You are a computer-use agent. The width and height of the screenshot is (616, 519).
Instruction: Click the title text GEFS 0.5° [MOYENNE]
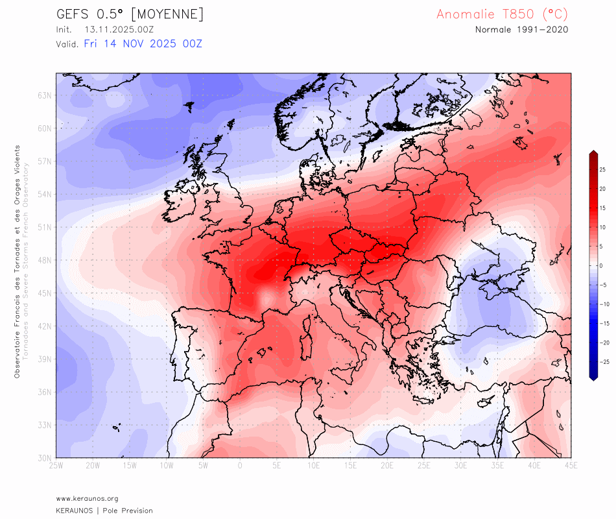click(x=130, y=14)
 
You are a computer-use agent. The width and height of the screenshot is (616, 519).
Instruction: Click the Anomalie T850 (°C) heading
click(x=503, y=14)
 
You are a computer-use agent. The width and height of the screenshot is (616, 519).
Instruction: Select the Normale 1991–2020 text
click(x=522, y=30)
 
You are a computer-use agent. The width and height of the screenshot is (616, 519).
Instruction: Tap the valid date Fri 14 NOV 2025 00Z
click(x=143, y=44)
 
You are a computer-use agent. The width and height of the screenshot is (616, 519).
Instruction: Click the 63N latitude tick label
click(x=45, y=95)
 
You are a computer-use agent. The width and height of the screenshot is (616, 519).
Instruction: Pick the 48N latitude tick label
click(x=45, y=260)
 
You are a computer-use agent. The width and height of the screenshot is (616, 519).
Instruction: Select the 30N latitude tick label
click(x=45, y=458)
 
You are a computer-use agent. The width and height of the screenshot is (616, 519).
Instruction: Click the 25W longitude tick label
click(x=56, y=466)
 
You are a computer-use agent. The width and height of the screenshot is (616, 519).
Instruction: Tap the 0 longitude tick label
click(x=240, y=466)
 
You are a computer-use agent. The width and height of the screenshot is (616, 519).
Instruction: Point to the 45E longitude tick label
click(x=571, y=466)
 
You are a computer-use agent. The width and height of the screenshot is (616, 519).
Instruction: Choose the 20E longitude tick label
click(x=387, y=466)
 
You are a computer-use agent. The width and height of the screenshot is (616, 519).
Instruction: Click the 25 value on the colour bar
click(x=602, y=169)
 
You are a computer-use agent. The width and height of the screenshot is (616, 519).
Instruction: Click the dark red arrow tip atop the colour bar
click(x=593, y=153)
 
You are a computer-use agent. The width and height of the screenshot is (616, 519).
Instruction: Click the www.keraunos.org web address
click(x=87, y=498)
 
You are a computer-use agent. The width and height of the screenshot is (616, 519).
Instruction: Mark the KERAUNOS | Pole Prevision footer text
click(x=104, y=511)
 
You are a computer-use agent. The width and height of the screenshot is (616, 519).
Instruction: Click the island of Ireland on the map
click(x=182, y=201)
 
